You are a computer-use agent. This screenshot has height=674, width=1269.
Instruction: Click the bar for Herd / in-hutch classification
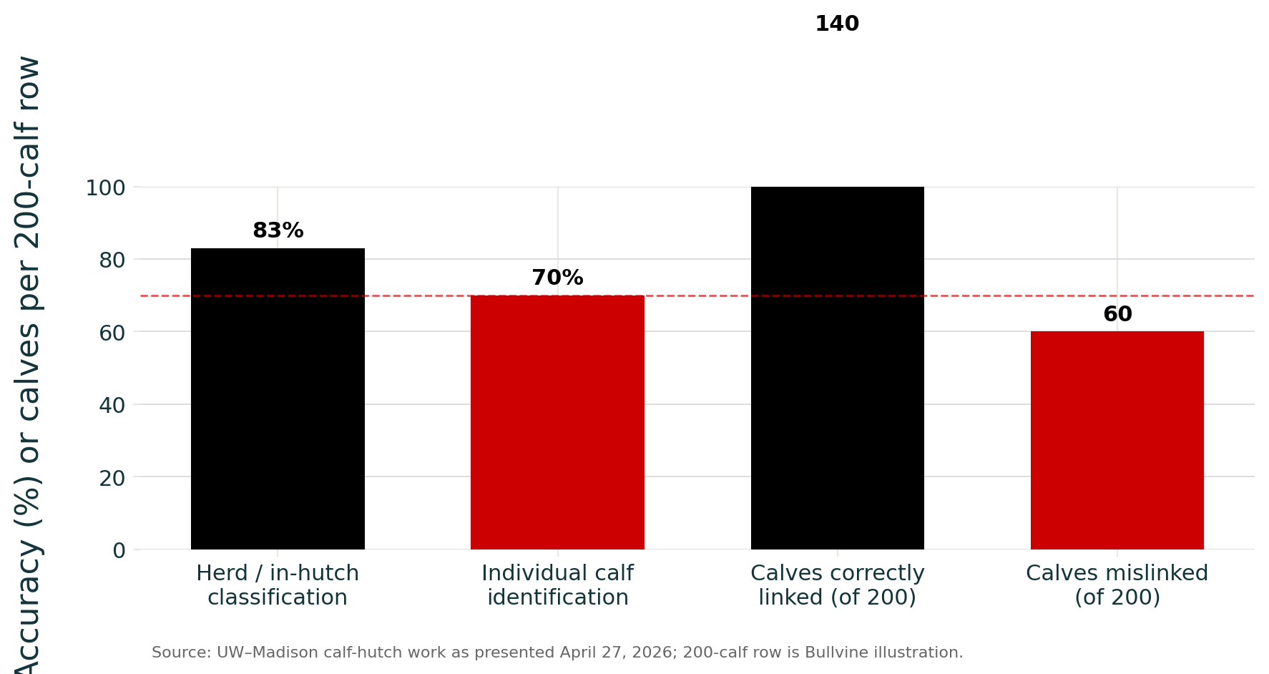(278, 399)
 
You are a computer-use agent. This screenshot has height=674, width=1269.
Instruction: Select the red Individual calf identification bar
(557, 422)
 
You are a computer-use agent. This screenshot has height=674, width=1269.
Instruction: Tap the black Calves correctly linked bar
(837, 368)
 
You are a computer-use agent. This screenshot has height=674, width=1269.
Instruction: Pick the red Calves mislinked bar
(1117, 440)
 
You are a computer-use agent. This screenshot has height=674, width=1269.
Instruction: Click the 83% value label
(278, 231)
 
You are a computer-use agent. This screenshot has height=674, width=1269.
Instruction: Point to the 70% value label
(557, 278)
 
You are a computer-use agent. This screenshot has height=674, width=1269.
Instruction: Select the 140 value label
(837, 24)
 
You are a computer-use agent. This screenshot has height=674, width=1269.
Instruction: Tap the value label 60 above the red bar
(1117, 315)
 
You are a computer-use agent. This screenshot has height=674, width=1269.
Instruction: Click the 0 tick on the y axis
(119, 550)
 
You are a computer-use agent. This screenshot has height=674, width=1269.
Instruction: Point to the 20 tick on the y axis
(112, 477)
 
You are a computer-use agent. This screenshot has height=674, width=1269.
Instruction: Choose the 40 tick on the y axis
(112, 405)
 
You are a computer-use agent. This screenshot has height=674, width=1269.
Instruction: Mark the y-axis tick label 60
(112, 332)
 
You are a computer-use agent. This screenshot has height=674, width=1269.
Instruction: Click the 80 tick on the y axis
(112, 260)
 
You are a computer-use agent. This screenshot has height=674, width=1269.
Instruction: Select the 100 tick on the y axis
(105, 187)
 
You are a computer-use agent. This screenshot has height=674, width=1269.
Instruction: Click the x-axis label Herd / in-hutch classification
(278, 585)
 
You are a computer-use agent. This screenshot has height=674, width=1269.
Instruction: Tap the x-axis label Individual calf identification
(557, 585)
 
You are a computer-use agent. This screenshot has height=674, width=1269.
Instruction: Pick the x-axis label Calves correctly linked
(837, 585)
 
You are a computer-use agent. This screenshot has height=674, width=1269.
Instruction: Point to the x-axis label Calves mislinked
(1117, 585)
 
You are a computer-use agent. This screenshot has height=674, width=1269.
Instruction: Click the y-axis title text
(29, 365)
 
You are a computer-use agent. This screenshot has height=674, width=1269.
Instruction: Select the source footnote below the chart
(557, 653)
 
